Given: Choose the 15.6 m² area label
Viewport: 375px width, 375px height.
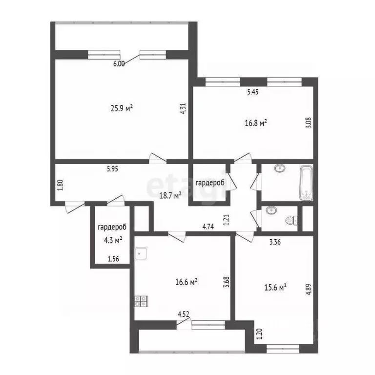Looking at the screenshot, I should point(275,288).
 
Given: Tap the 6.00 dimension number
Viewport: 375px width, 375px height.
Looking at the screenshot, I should point(119,63).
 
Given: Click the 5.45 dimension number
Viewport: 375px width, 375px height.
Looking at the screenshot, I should point(253,91).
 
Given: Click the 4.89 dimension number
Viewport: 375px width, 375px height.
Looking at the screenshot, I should point(308,285).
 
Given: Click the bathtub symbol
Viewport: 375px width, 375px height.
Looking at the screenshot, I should point(306,183).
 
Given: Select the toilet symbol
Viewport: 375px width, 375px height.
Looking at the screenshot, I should point(292,220).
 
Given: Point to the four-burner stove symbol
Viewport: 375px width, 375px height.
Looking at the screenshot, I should point(141,301).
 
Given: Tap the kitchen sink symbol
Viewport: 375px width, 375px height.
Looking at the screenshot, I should point(142,253).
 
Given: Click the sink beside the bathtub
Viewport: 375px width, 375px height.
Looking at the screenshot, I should point(279,169).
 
